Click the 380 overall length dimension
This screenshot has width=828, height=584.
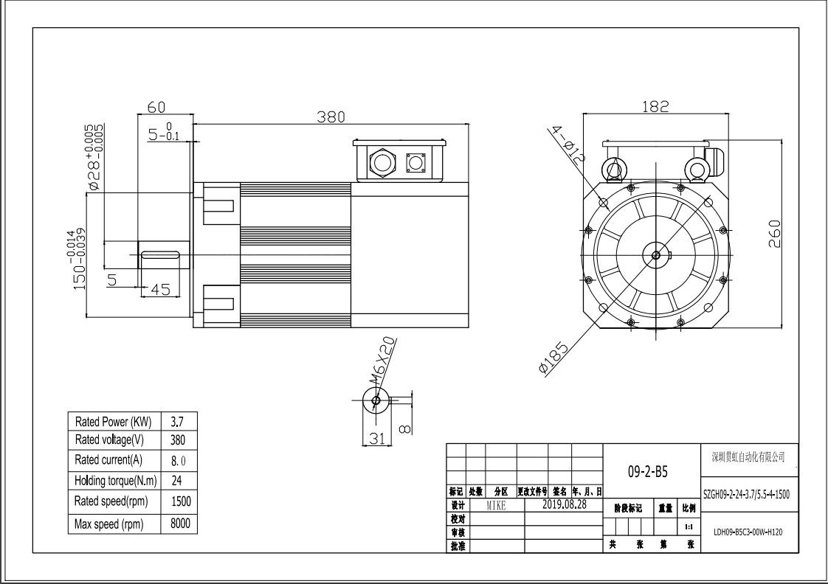coord(331,117)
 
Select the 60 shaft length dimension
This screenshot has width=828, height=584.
coord(156,107)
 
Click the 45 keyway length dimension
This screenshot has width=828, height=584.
coord(160,290)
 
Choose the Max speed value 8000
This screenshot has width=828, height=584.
coord(180,524)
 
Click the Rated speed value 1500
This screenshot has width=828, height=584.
coord(180,501)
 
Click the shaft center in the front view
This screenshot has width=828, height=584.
coord(655,255)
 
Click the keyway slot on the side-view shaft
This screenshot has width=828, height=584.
coord(161,255)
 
